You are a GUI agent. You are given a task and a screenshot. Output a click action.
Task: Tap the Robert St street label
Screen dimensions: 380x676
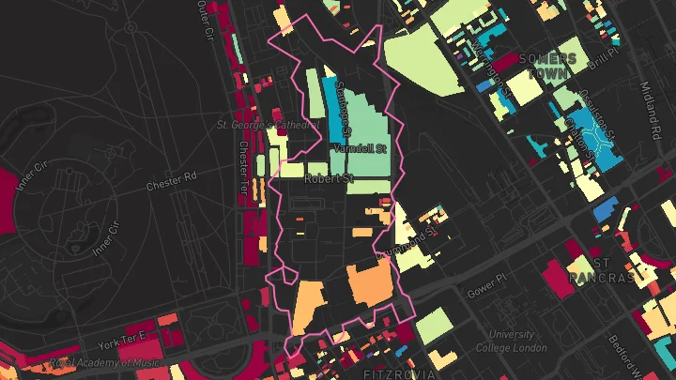[x=329, y=177]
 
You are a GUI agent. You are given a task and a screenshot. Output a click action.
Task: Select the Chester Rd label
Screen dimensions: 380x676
[x=171, y=180]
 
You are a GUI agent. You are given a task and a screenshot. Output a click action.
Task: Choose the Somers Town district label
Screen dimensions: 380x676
[x=551, y=64]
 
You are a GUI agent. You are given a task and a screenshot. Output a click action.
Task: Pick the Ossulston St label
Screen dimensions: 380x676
[x=597, y=111]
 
